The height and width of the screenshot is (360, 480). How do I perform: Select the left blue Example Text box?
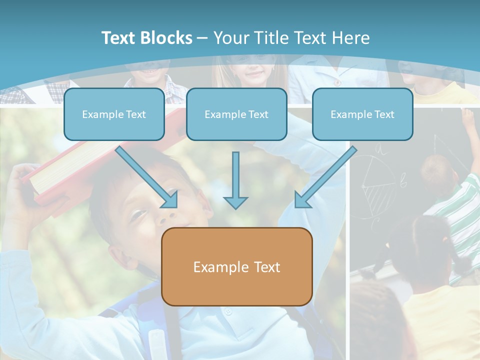pos(114,114)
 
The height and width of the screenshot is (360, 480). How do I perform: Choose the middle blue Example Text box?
pos(236,114)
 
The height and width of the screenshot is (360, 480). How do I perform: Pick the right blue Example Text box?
pos(362,114)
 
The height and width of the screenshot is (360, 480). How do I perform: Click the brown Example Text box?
pos(236,267)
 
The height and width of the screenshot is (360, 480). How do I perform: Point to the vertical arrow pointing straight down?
pos(235,180)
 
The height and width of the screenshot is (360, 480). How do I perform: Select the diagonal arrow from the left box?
pos(147,177)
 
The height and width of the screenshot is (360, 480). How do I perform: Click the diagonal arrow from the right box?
pos(325,177)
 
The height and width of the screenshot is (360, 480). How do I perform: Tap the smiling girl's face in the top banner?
pos(255,72)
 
